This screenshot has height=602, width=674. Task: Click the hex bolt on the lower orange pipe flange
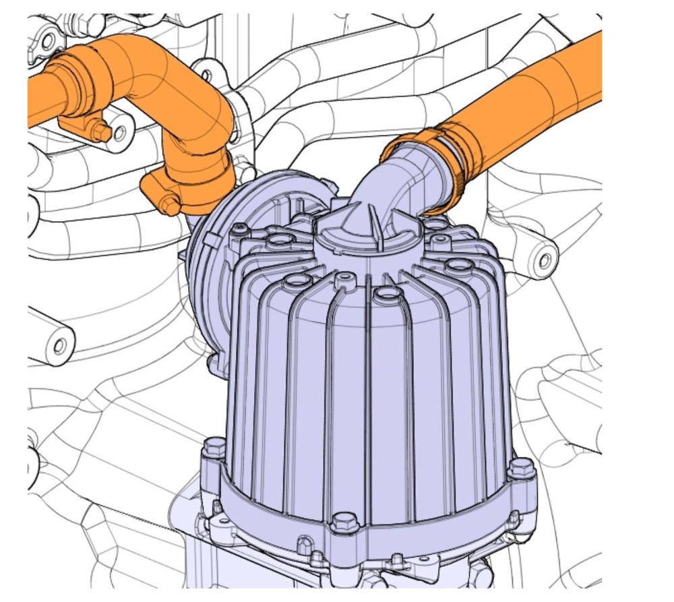(171, 205)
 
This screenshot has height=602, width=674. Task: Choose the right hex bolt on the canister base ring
(520, 467)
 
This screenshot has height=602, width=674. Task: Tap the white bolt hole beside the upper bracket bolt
(120, 133)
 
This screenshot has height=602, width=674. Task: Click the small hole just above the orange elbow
(206, 71)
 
